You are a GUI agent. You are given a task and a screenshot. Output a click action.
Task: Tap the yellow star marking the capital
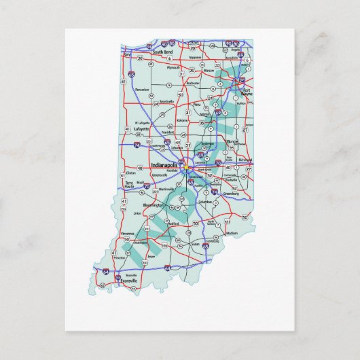[x=185, y=165]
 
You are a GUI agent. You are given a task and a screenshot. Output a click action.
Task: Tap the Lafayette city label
[x=141, y=127]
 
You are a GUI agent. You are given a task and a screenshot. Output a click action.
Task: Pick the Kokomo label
[x=182, y=120]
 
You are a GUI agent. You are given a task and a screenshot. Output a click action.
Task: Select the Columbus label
[x=205, y=202]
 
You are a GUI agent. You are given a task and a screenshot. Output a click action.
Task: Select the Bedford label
[x=175, y=222]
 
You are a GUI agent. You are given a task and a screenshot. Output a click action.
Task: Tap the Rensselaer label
[x=141, y=88]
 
